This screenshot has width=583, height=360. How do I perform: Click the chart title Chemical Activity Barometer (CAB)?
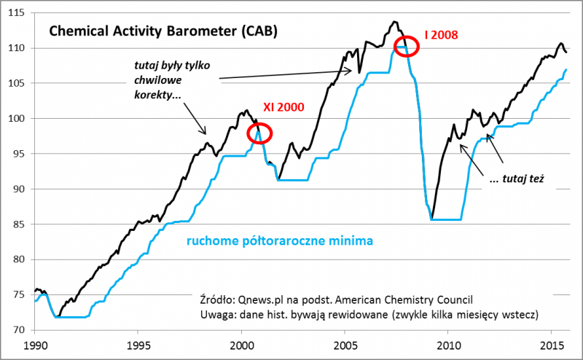pos(163,32)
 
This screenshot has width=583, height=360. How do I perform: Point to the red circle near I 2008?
pos(406,47)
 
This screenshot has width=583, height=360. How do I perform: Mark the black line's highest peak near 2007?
pos(394,22)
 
